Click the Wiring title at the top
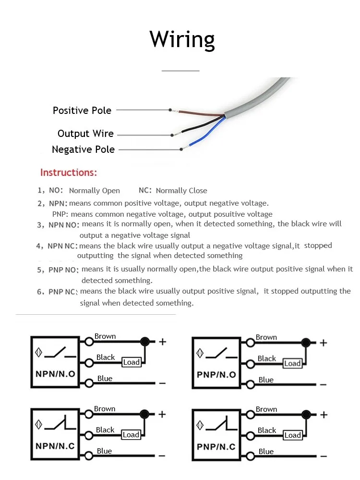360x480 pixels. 182,39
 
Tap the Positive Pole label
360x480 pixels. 82,111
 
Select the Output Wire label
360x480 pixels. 85,134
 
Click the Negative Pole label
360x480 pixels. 83,149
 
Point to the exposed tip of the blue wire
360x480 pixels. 183,148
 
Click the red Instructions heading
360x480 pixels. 69,172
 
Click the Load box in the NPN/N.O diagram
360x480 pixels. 131,362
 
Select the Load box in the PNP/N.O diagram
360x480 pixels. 292,363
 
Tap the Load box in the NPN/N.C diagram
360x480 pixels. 131,435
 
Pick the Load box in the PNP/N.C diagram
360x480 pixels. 292,435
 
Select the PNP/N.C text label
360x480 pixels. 216,447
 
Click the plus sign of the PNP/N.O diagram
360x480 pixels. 324,343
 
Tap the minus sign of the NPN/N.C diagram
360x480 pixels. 162,455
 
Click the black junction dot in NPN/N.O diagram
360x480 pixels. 144,342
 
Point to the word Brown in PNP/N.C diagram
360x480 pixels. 266,409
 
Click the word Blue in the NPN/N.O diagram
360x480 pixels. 105,379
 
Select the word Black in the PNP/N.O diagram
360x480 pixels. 267,358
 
